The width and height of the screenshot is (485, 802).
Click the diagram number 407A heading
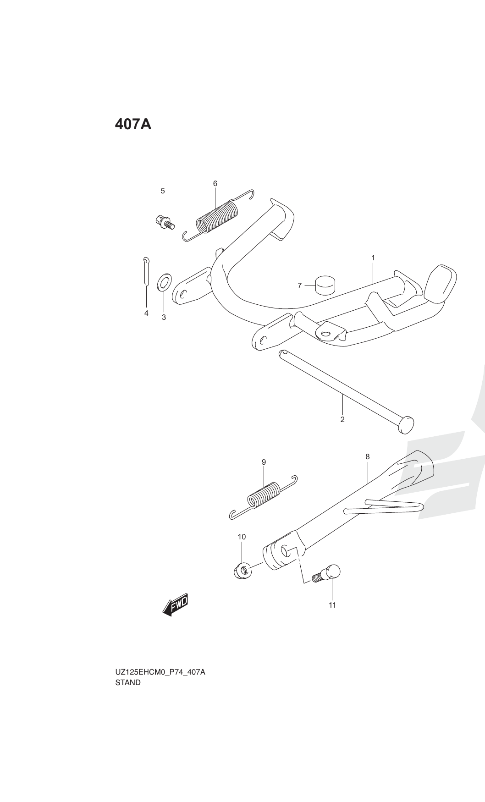pos(133,124)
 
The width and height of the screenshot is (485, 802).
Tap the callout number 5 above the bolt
pos(162,191)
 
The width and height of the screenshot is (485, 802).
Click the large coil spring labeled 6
pos(218,215)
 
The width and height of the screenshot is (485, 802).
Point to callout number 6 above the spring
pos(215,183)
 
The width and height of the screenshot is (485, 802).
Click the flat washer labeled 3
pos(164,283)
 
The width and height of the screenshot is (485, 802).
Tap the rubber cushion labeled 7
pos(325,286)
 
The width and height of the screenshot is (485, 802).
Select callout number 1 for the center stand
pos(373,258)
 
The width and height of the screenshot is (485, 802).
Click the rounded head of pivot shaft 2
pos(406,424)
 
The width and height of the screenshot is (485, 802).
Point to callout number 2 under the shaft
pos(342,419)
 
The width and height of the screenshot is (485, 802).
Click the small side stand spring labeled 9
pos(264,497)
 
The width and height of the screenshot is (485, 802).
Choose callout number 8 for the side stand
pos(368,456)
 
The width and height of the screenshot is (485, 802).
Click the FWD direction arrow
pos(176,606)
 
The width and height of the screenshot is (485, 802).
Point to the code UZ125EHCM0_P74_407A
pos(160,672)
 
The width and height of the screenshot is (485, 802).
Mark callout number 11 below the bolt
pos(332,605)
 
